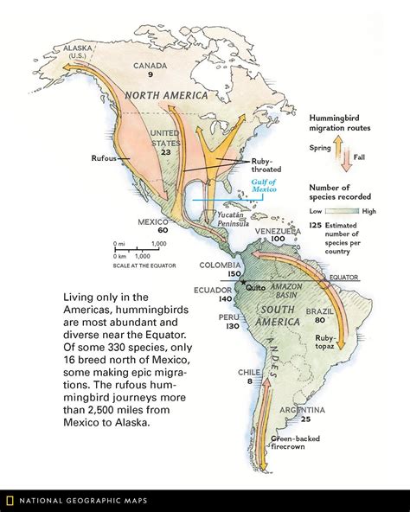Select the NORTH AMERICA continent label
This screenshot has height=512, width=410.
(166, 94)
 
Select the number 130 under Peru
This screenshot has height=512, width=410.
(232, 327)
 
